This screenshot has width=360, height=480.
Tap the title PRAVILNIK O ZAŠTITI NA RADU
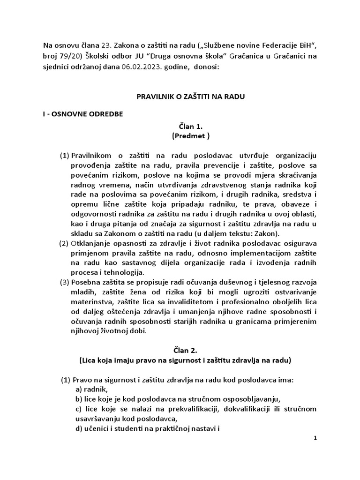click(190, 97)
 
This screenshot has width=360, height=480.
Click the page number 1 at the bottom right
click(315, 438)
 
